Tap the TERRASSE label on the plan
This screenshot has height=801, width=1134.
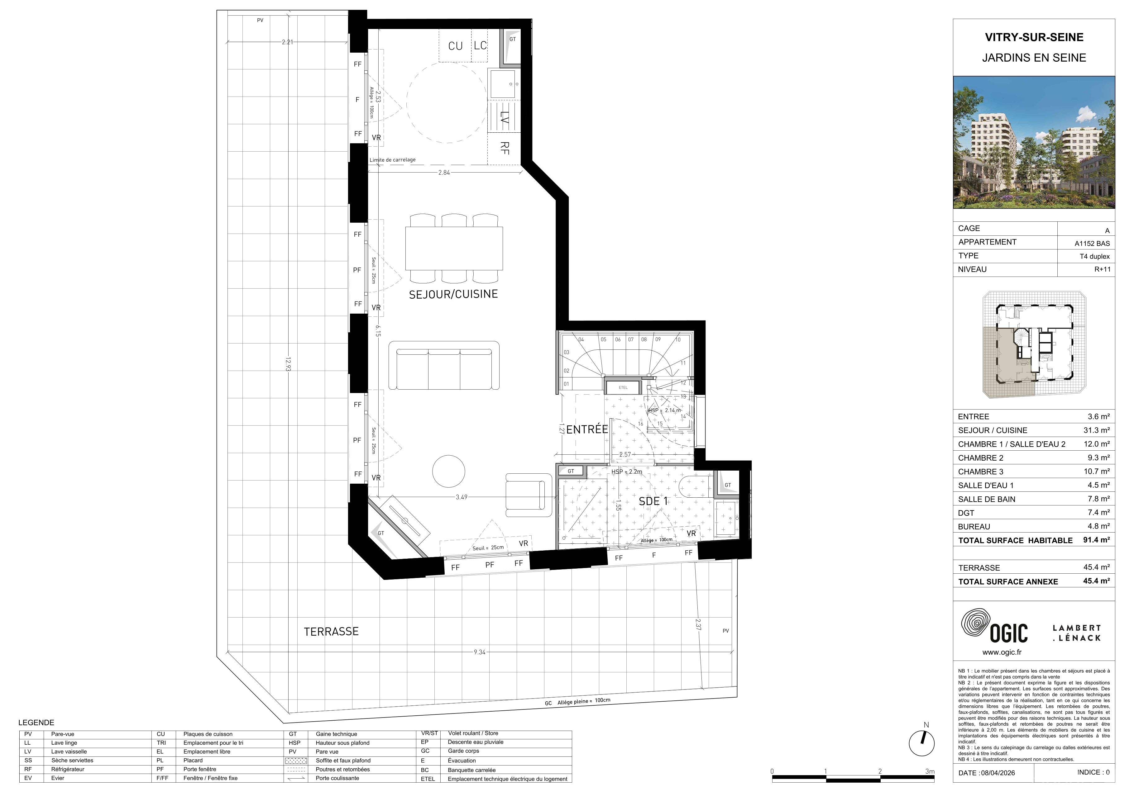[331, 631]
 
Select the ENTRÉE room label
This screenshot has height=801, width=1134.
[587, 429]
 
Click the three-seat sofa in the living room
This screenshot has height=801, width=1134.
[444, 365]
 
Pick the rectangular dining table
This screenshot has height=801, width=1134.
[454, 248]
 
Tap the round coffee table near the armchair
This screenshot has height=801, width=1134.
[448, 471]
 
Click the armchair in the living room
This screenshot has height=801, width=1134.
[529, 495]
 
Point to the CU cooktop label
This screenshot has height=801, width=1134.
[455, 46]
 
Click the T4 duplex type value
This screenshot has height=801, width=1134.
[1094, 256]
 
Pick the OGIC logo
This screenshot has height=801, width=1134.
[994, 627]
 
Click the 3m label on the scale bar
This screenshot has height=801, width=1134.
[930, 771]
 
